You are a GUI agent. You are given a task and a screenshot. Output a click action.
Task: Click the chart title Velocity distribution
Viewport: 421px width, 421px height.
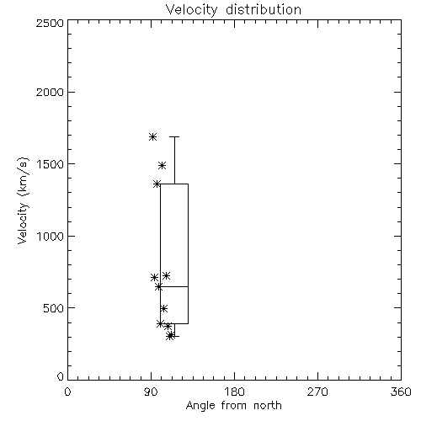233,10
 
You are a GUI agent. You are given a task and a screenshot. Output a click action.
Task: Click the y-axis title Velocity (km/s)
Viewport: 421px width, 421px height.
23,200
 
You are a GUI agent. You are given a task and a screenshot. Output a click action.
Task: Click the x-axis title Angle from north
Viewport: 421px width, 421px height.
233,406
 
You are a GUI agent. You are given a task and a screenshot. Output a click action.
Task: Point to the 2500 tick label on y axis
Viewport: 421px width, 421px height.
50,23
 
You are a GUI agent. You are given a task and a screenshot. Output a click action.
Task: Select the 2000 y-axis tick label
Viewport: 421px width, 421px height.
50,92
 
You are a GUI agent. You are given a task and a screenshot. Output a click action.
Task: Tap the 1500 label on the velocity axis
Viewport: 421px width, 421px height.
51,164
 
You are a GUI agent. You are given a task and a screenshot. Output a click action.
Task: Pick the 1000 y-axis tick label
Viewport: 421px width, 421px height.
51,237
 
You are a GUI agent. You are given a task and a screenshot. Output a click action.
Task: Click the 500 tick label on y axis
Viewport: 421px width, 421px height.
54,308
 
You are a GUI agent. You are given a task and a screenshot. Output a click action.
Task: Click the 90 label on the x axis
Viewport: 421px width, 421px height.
151,392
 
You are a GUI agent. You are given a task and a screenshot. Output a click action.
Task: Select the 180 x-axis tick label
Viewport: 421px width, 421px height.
234,392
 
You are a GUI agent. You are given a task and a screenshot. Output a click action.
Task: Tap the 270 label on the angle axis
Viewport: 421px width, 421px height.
317,392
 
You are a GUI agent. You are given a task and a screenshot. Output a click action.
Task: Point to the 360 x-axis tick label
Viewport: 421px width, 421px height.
401,392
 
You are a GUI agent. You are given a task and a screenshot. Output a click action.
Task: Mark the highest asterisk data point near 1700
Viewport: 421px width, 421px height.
152,137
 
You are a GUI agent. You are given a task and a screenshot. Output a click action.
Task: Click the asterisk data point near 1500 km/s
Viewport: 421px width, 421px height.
162,165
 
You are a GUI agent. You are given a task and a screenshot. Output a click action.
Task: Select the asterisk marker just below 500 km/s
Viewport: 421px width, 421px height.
164,309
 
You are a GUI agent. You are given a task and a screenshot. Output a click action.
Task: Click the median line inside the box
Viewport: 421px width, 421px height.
174,286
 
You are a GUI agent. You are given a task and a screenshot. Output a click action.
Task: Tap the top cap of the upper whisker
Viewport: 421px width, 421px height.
174,136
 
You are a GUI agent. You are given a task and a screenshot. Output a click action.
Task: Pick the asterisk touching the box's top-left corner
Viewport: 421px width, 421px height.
157,184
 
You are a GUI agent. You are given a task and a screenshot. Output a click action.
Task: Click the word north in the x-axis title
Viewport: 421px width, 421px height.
268,406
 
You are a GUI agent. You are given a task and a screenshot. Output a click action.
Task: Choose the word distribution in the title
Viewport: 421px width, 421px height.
264,10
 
